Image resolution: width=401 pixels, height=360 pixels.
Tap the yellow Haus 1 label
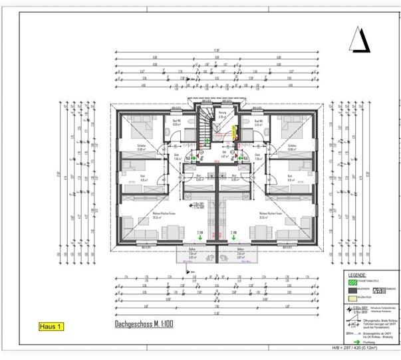tap(51, 326)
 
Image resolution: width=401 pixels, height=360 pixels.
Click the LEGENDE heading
tap(356, 275)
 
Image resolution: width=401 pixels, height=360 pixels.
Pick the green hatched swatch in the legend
tap(352, 282)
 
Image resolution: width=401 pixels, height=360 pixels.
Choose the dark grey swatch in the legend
tap(352, 290)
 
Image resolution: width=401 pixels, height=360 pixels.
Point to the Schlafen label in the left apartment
tap(142, 147)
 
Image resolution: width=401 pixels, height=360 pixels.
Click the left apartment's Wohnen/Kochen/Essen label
tap(158, 216)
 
